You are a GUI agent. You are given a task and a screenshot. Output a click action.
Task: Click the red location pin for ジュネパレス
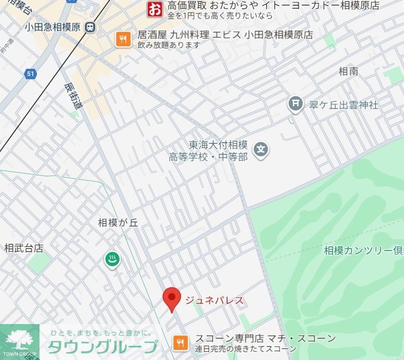(172, 298)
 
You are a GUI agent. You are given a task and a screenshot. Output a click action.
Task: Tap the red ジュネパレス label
(214, 301)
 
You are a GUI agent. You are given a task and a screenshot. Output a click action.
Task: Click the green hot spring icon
(112, 259)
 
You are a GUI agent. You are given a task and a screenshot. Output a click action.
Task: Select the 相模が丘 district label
(118, 222)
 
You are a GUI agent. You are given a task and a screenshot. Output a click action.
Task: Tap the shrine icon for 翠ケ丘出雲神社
(295, 104)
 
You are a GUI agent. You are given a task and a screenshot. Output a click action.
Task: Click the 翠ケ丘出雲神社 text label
(344, 105)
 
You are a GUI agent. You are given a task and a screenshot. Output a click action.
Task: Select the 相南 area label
(348, 71)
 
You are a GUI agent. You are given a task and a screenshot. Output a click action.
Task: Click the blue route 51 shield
(31, 74)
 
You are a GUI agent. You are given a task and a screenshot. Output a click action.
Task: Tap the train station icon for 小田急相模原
(91, 27)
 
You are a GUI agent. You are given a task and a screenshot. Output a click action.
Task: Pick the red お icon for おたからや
(155, 8)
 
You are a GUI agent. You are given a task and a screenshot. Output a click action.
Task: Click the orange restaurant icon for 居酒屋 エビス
(123, 39)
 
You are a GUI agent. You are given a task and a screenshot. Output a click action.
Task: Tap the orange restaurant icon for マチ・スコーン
(181, 342)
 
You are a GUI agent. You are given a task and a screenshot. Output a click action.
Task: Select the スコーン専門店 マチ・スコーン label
(266, 339)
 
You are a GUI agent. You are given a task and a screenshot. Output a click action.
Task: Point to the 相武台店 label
(23, 248)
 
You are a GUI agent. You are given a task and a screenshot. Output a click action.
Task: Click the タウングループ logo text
(102, 346)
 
